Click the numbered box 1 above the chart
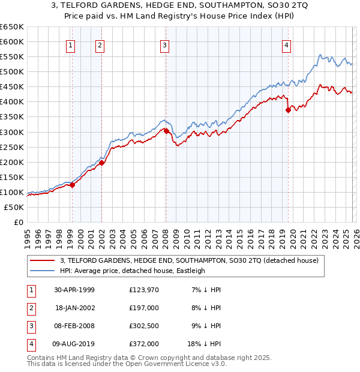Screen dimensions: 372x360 [x=71, y=45]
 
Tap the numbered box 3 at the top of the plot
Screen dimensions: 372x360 [x=165, y=45]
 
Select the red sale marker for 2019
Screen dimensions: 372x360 [x=288, y=110]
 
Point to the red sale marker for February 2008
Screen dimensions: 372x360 [x=166, y=131]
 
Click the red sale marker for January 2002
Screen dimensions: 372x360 [x=102, y=163]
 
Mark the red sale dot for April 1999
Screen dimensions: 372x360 [x=73, y=185]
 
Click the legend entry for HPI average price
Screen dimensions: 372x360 [x=132, y=271]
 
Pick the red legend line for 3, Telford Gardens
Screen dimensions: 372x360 [x=42, y=260]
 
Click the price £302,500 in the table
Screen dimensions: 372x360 [x=143, y=327]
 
